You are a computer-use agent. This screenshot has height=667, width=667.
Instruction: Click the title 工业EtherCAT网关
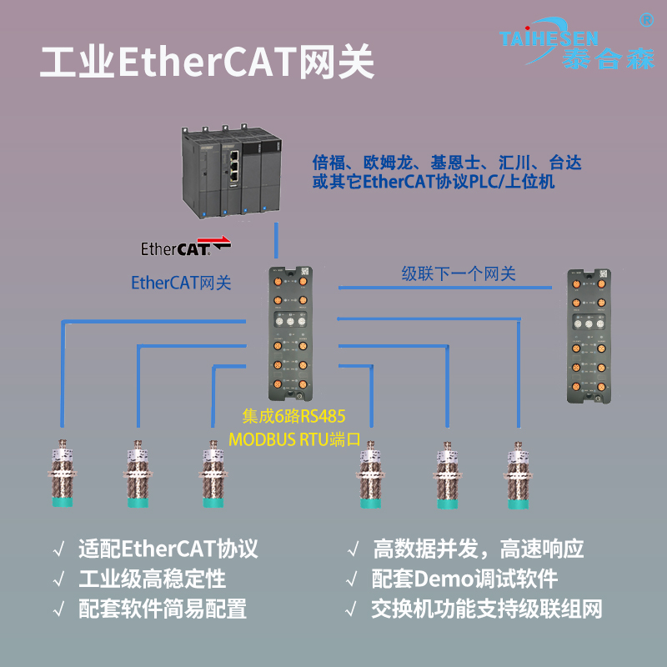(208, 63)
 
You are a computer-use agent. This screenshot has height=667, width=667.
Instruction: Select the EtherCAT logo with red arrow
(185, 248)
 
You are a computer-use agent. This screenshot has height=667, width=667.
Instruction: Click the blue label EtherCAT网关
(181, 283)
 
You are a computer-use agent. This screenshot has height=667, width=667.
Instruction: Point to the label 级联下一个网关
(459, 273)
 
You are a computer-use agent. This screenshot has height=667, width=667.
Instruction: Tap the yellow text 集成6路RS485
(293, 414)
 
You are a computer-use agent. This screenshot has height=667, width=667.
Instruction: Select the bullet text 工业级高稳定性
(152, 579)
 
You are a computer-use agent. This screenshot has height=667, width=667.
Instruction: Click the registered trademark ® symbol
(644, 18)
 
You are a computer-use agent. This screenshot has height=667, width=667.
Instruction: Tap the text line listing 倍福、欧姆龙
(446, 163)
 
